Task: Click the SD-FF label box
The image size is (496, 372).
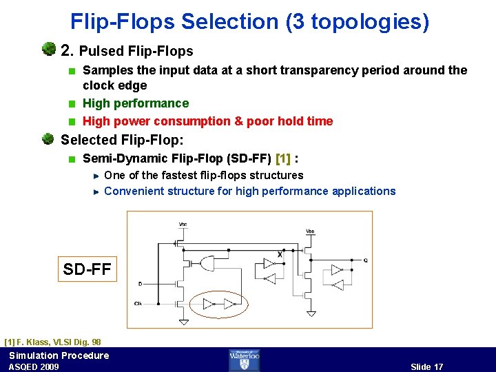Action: [87, 269]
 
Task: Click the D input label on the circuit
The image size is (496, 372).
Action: [141, 283]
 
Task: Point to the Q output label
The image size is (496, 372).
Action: [365, 260]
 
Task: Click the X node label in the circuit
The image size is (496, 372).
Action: [280, 255]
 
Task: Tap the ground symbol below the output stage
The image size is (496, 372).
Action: [311, 314]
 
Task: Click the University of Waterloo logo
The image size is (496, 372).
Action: [245, 360]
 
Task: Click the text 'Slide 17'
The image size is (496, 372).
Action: [426, 366]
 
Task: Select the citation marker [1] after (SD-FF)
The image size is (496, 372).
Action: [282, 158]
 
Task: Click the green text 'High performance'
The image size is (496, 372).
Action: [136, 103]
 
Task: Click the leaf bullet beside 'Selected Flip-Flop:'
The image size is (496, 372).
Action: [48, 139]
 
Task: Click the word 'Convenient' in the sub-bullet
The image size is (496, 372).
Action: [130, 191]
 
